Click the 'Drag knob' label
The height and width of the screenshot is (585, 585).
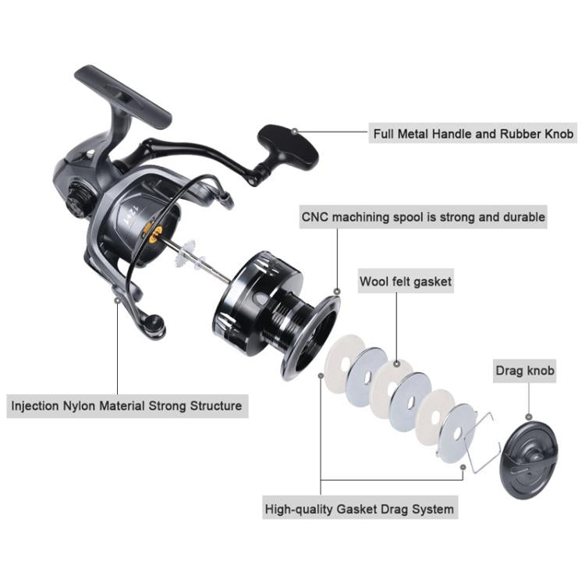coord(525,370)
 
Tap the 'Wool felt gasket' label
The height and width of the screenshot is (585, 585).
coord(405,281)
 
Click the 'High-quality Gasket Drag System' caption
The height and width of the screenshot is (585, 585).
coord(359,509)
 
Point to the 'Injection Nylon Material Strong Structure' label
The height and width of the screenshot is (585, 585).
coord(126,406)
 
